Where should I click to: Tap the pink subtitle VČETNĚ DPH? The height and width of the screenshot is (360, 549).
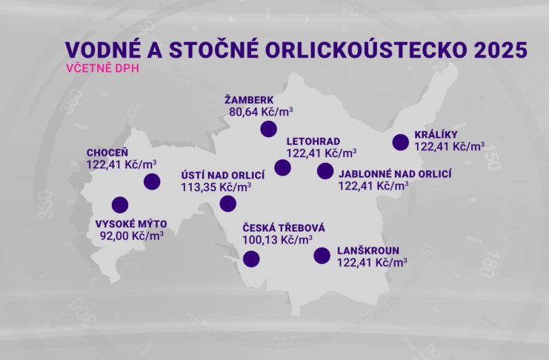click(102, 68)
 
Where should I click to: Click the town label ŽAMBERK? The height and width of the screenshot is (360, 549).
click(249, 99)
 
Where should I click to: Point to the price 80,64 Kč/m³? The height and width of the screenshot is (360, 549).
click(262, 112)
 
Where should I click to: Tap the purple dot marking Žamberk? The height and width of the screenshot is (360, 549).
click(269, 129)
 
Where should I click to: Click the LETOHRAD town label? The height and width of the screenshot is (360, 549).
click(313, 141)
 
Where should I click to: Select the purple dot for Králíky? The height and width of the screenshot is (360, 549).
click(401, 142)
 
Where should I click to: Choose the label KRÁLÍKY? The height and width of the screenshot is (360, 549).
click(436, 135)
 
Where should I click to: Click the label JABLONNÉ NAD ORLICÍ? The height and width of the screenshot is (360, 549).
click(395, 173)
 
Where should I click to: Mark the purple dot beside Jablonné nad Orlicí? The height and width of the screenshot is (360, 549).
click(325, 171)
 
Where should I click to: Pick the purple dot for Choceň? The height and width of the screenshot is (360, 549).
click(152, 181)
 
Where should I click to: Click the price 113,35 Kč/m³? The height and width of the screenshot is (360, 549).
click(216, 187)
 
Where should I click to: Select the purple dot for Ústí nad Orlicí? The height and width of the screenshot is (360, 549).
click(228, 204)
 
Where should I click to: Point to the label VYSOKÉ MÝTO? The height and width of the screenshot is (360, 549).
click(131, 224)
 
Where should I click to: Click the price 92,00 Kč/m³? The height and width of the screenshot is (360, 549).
click(132, 236)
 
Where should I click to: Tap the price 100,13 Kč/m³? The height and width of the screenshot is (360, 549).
click(278, 240)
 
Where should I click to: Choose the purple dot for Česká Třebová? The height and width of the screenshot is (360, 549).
click(251, 259)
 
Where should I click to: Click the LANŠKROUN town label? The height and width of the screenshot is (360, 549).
click(368, 250)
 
